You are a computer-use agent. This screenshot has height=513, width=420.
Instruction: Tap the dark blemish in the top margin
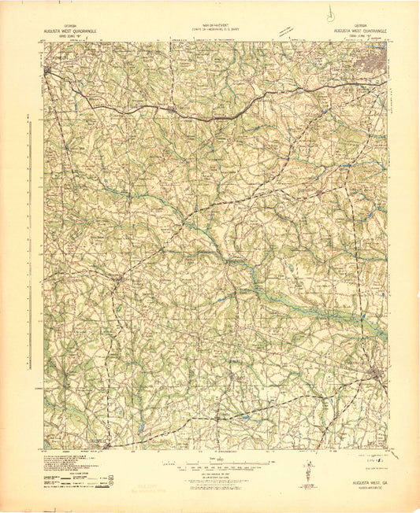click(329, 13)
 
